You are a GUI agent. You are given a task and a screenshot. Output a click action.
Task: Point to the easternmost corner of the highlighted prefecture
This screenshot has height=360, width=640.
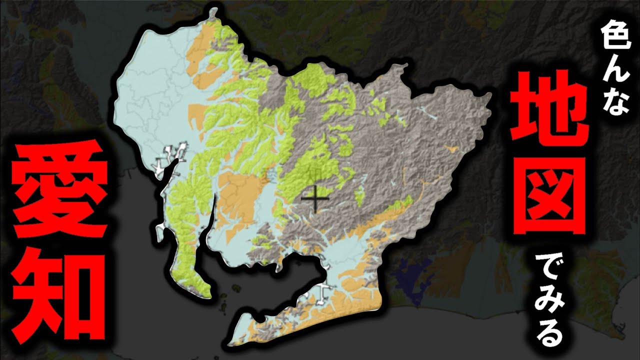point(487,100)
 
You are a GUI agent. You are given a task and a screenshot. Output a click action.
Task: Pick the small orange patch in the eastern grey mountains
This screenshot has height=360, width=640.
point(452,148)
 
